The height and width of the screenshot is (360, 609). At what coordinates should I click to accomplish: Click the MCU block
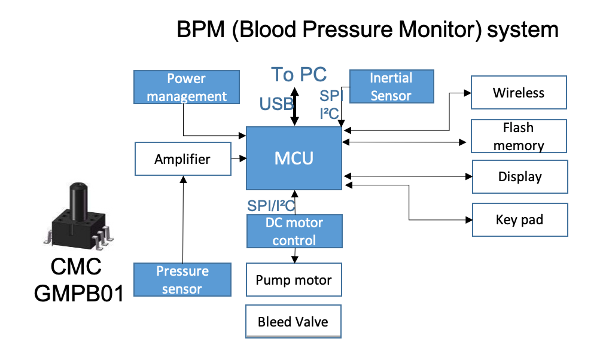click(294, 158)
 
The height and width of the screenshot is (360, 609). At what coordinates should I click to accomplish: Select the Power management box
click(187, 87)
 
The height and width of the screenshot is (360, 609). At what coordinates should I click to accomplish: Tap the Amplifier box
click(182, 159)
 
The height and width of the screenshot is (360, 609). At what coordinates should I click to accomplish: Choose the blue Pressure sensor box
click(182, 280)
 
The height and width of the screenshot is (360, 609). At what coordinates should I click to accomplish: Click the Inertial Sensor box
click(391, 87)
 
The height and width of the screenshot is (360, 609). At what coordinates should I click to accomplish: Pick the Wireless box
click(518, 93)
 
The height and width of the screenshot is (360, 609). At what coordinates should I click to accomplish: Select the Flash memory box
click(518, 137)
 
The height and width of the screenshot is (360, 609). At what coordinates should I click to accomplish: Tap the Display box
click(519, 177)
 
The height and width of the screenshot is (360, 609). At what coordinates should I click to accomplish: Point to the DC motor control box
click(294, 231)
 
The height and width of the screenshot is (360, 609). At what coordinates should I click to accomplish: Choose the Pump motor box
click(293, 280)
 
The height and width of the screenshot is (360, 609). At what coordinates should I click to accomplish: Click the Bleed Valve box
click(293, 322)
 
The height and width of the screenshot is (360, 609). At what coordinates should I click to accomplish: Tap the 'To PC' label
click(299, 74)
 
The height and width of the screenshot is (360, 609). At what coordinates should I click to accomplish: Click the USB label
click(276, 105)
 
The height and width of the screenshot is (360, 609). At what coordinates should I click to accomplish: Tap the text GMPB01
click(78, 294)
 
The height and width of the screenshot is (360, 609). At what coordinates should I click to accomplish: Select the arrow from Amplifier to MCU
click(239, 158)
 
